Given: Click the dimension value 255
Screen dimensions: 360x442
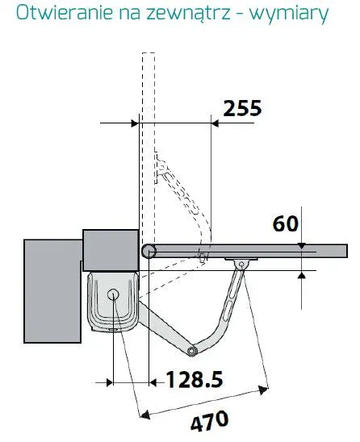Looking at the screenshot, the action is [x=242, y=108].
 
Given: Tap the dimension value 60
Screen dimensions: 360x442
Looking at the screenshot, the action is [x=285, y=223].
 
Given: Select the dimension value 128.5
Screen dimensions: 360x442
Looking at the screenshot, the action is [x=195, y=379].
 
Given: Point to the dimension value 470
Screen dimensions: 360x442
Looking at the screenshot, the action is [x=210, y=421].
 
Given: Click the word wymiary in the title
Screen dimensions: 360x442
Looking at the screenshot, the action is [x=289, y=15].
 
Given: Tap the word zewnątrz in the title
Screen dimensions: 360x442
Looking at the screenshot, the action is [x=188, y=15].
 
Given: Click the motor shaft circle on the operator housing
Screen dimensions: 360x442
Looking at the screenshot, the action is [x=113, y=294].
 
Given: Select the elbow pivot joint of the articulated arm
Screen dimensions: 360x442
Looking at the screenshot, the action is [x=192, y=350].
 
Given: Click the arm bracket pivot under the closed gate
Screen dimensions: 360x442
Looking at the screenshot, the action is [x=241, y=264].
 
